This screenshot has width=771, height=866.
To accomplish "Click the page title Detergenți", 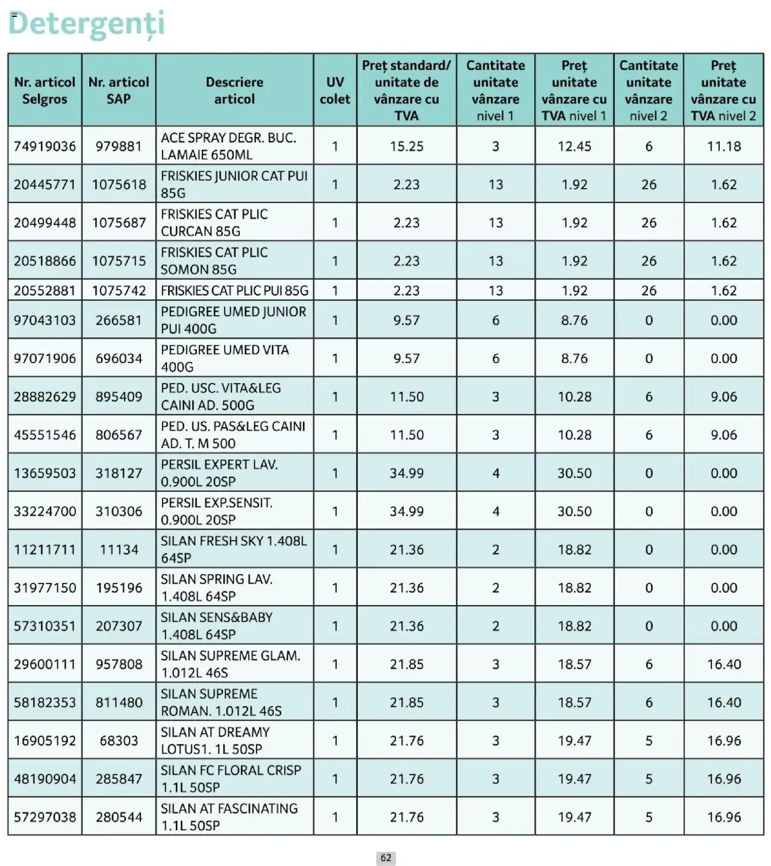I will [x=86, y=24].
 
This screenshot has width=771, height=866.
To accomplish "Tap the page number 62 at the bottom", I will [x=385, y=858].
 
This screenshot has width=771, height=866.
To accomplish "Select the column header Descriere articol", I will [x=234, y=90].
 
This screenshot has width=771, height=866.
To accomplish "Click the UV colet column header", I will [x=334, y=90].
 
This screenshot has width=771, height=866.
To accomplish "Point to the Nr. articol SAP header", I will [x=119, y=90].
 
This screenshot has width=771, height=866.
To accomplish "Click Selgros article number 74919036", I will [x=45, y=146].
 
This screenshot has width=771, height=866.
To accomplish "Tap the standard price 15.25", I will [x=407, y=146].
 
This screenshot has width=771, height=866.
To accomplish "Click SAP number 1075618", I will [x=119, y=185].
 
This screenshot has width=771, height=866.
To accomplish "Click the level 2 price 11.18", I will [x=723, y=146].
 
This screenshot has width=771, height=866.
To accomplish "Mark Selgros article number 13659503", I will [x=45, y=473].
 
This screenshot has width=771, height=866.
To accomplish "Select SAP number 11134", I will [x=119, y=550].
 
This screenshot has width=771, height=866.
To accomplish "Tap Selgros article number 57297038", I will [x=45, y=817].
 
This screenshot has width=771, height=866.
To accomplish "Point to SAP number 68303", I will [x=119, y=741].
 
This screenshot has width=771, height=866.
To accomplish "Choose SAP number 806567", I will [x=119, y=435].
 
